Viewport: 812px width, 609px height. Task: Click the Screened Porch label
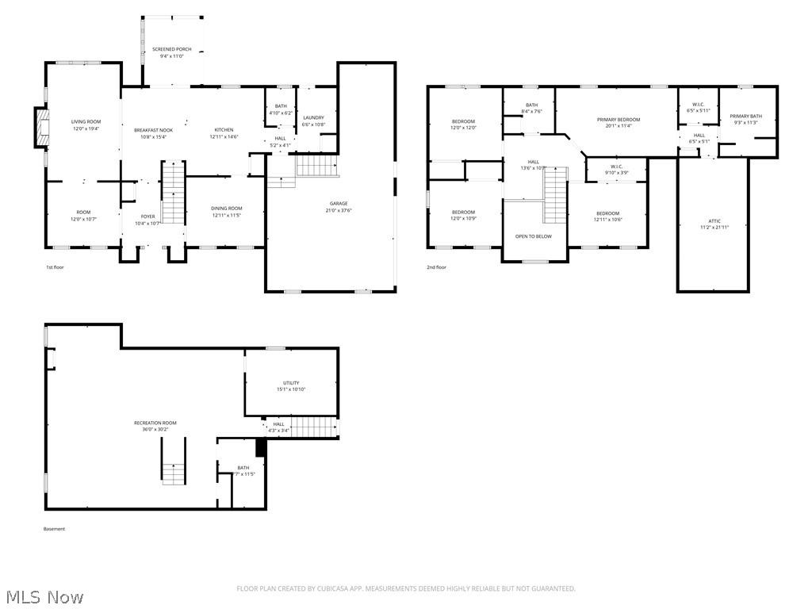[172, 49]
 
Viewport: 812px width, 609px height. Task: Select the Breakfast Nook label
[153, 130]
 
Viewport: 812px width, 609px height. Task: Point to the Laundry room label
[313, 117]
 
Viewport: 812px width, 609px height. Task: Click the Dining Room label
[226, 208]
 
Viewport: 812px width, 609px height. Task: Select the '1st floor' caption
[55, 267]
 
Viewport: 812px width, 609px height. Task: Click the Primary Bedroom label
[618, 119]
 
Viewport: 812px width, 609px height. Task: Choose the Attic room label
[714, 220]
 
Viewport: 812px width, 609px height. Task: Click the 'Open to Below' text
[533, 236]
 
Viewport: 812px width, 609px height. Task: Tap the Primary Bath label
[745, 116]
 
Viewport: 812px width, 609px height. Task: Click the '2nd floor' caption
[436, 267]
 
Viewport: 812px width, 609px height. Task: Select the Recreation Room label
[155, 423]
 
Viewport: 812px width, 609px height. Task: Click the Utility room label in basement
[291, 383]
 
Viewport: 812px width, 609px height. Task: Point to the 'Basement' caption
[54, 529]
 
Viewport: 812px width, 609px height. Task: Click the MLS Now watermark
[44, 596]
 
